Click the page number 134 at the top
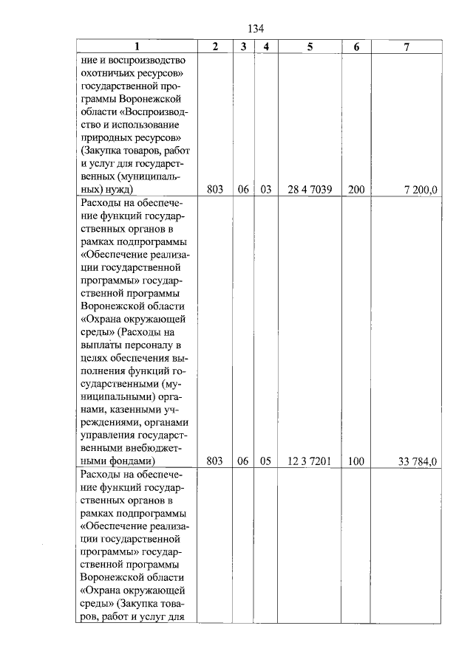(x=256, y=29)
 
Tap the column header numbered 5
(x=310, y=47)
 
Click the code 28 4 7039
(x=310, y=190)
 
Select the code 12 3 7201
(x=310, y=461)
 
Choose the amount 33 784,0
(x=418, y=461)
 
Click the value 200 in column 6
(x=356, y=190)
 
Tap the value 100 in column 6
(x=356, y=461)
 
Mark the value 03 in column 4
(x=266, y=190)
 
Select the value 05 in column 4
(x=266, y=461)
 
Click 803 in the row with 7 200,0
(x=215, y=190)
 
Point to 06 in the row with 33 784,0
(x=242, y=461)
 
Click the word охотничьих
(x=110, y=73)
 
